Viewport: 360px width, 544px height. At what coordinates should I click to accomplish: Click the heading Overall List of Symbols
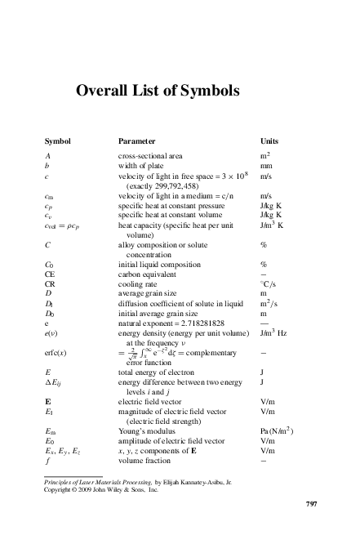[158, 91]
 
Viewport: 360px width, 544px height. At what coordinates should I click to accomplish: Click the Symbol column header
[58, 140]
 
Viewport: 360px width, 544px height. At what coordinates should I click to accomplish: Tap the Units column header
[269, 140]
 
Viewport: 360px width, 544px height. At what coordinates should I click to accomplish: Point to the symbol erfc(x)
[57, 352]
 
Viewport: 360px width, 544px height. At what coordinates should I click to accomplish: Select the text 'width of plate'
[139, 165]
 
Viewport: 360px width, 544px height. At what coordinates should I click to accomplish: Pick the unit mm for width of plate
[265, 165]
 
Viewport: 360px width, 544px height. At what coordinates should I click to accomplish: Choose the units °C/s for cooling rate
[267, 284]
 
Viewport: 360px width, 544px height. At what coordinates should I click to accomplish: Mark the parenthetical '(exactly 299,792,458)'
[163, 185]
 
